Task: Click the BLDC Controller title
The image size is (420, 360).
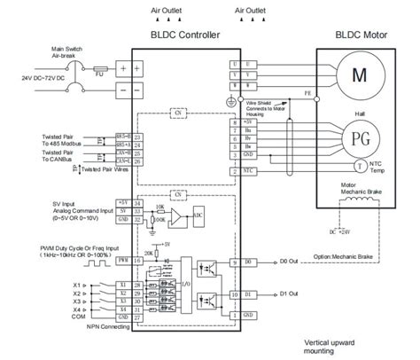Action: [186, 35]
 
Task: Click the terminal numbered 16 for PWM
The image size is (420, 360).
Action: [137, 262]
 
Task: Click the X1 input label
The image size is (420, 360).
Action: [78, 284]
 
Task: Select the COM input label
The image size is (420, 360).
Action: [78, 316]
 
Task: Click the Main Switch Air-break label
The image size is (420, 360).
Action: [44, 51]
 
